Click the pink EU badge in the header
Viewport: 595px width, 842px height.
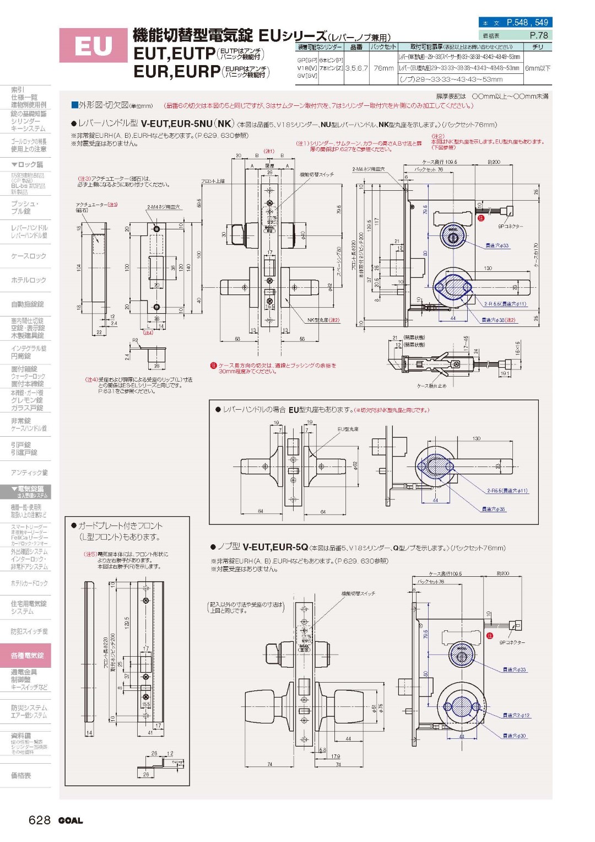[93, 46]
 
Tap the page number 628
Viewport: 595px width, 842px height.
[40, 820]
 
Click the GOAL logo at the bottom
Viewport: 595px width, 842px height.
[71, 820]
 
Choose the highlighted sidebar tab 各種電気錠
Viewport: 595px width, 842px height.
[27, 656]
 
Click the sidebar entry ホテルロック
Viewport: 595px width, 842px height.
[28, 280]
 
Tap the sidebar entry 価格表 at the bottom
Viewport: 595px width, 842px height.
[21, 775]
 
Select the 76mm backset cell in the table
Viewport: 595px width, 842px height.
[383, 68]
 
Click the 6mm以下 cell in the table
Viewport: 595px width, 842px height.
[537, 68]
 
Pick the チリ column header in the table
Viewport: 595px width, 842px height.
[537, 47]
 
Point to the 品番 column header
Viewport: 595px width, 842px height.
[356, 47]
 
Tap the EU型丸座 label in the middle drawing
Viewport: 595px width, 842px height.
[348, 429]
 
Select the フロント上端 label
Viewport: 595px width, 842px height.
[213, 181]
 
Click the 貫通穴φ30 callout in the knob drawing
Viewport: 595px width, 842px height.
[514, 736]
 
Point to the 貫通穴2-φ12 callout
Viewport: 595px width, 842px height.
[516, 715]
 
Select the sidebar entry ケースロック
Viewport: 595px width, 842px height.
[28, 256]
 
